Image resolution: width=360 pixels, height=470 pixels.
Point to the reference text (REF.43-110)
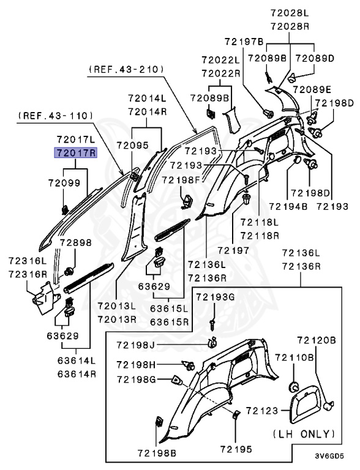[56, 114]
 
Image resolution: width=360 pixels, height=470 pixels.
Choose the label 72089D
[315, 58]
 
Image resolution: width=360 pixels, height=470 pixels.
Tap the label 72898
[75, 243]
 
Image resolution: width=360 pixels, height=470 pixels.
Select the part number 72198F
[182, 179]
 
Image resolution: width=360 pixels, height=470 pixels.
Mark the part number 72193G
[216, 297]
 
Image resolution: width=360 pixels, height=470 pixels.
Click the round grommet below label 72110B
[293, 387]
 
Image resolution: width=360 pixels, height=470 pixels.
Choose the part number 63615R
[170, 321]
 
